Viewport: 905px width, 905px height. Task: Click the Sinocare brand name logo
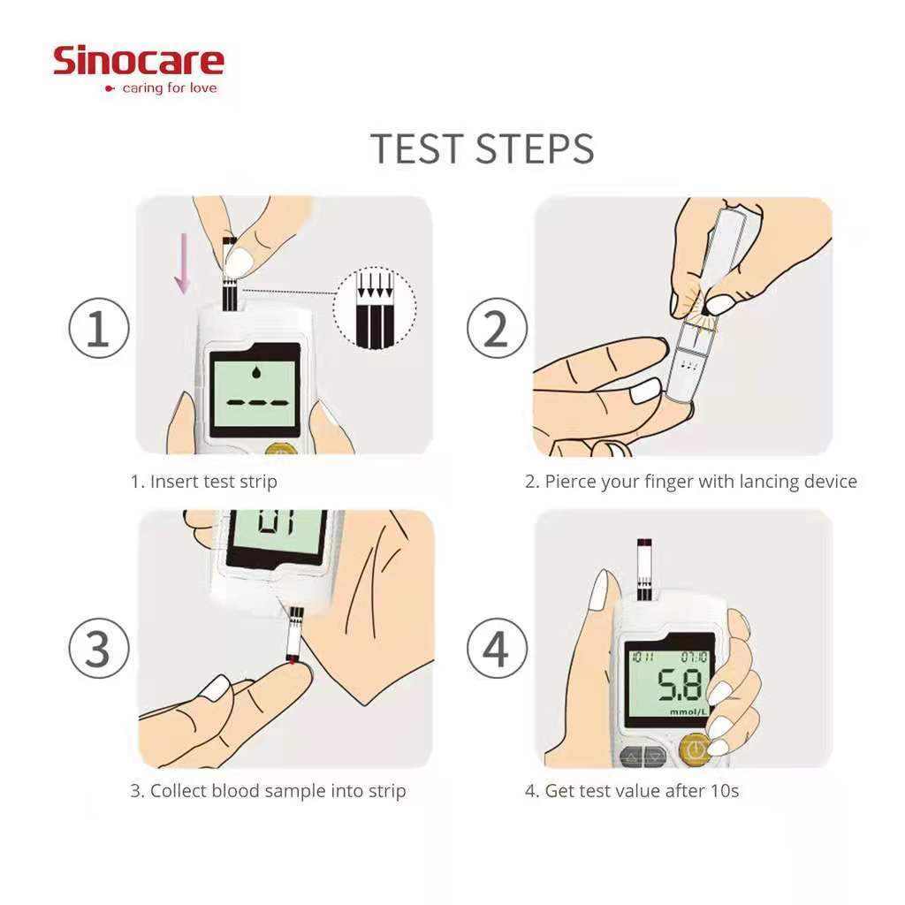(x=138, y=61)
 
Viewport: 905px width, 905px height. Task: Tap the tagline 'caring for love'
(x=170, y=88)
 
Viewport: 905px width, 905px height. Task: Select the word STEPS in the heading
(x=536, y=148)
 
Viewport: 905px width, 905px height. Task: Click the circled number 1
(x=99, y=328)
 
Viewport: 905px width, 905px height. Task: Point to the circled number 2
(x=497, y=328)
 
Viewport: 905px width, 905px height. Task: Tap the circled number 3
(x=99, y=648)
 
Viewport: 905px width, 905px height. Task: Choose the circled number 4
(x=497, y=648)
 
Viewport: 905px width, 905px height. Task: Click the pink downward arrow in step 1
(x=183, y=263)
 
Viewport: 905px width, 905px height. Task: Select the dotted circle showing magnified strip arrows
(x=375, y=308)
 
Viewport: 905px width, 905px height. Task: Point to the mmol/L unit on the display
(x=688, y=712)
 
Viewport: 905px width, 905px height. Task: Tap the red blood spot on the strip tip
(x=293, y=660)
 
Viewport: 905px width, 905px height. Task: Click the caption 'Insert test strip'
(x=214, y=482)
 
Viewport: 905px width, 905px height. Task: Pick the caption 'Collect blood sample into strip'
(x=278, y=791)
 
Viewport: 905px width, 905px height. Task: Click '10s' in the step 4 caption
(x=725, y=791)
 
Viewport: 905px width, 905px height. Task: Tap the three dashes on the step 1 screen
(x=257, y=403)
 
